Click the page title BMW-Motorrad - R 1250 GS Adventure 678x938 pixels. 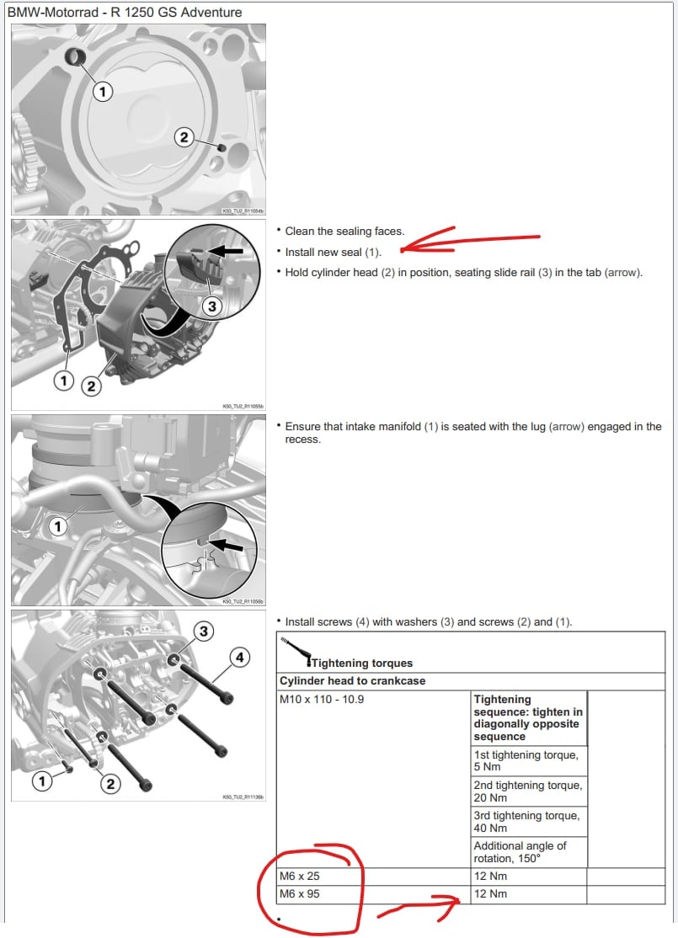click(x=125, y=13)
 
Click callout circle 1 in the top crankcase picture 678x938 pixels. click(x=102, y=92)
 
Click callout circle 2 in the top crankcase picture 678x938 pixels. click(x=185, y=136)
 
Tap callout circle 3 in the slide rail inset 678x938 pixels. click(x=211, y=306)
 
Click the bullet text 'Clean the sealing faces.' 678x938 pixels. click(x=344, y=231)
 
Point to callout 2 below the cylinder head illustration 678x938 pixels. click(x=90, y=386)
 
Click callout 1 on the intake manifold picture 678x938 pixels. click(x=57, y=527)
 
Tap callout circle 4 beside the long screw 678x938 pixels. click(x=239, y=658)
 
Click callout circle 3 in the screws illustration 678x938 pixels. click(x=202, y=631)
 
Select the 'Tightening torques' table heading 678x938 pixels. click(x=362, y=663)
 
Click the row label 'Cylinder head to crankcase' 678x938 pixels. click(x=352, y=680)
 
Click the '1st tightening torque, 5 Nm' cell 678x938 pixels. click(x=526, y=760)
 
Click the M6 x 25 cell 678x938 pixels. click(x=300, y=876)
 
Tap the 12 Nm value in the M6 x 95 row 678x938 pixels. click(x=491, y=893)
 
